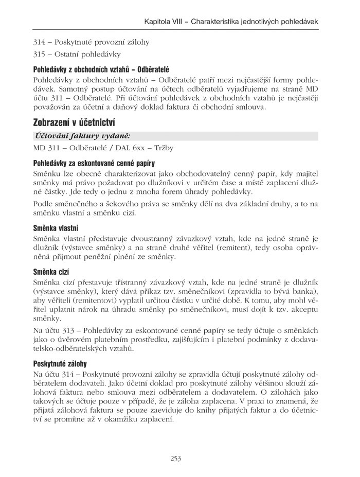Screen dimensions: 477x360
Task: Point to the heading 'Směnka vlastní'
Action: pyautogui.click(x=56, y=227)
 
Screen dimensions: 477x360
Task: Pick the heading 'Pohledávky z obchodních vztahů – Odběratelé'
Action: pyautogui.click(x=101, y=68)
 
